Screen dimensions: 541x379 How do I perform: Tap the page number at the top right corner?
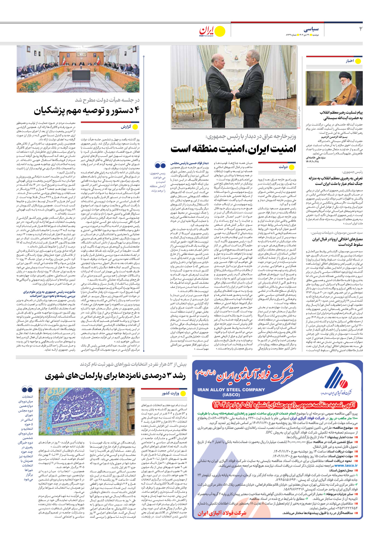361,29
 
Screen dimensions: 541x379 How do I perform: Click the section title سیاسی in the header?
311,29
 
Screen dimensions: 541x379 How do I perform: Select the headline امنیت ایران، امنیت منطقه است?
233,149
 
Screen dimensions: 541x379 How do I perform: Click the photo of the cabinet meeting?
78,69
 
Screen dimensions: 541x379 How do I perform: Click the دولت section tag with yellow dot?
283,167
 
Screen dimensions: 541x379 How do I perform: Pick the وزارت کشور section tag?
170,393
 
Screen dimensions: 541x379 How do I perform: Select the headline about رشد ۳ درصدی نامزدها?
115,376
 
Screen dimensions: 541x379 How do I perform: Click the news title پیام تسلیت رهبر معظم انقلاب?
341,112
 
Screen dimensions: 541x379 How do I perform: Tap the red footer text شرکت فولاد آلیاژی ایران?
222,513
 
